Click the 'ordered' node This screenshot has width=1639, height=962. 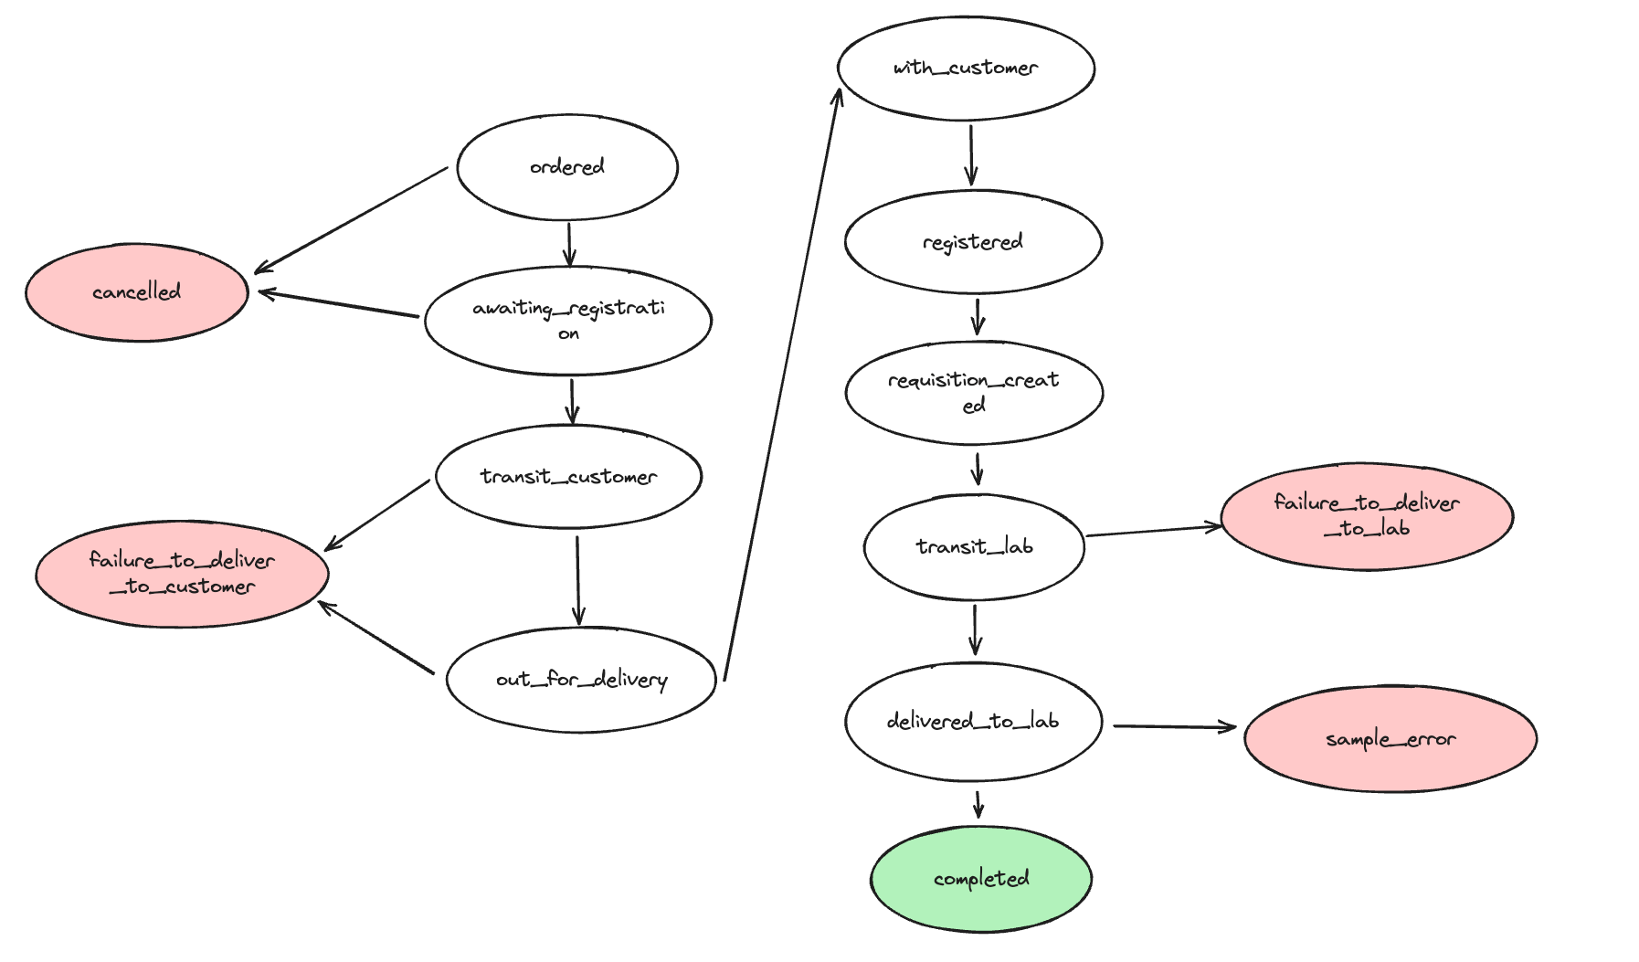click(567, 167)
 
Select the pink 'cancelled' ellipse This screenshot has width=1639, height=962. click(137, 292)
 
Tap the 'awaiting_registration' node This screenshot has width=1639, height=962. click(568, 321)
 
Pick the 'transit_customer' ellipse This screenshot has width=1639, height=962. click(568, 476)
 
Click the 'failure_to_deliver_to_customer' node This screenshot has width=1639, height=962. click(182, 574)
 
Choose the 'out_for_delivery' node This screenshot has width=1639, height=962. click(581, 680)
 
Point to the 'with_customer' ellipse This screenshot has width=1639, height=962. click(966, 69)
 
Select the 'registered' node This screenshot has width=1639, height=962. click(973, 242)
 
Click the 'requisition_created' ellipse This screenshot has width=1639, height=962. click(974, 393)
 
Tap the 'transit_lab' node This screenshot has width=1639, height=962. click(974, 547)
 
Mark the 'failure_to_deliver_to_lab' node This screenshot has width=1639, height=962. click(1367, 516)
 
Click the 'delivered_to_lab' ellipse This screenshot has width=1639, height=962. click(973, 722)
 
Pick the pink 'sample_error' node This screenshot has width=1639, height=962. click(1391, 739)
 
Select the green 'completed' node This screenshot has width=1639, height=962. click(981, 879)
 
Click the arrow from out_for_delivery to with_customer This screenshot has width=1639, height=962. click(781, 385)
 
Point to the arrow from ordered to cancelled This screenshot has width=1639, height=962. click(351, 220)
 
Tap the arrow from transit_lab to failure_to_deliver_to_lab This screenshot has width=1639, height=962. click(1154, 531)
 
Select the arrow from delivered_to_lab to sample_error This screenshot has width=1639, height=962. click(1174, 727)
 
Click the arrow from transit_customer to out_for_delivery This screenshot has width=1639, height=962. click(577, 580)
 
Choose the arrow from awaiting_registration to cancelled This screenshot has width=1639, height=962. click(338, 304)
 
